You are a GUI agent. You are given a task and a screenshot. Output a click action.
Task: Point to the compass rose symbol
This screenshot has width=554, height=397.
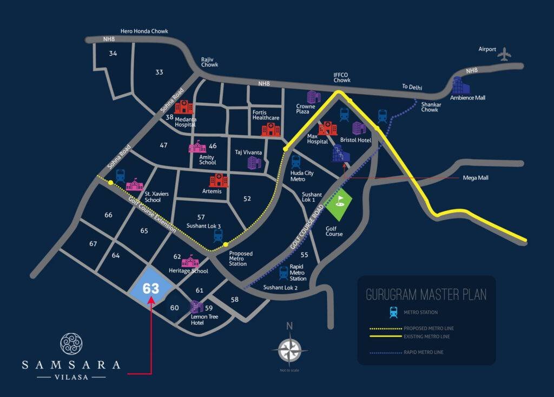click(289, 350)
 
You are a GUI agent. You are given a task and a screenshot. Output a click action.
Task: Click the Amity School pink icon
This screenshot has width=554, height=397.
click(197, 147)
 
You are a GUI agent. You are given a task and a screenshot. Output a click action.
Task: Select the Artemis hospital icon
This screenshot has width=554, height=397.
click(218, 180)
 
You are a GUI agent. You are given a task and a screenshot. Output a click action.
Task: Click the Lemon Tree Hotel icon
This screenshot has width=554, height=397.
click(196, 307)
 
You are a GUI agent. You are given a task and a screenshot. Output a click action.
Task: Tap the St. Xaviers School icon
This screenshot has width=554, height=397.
click(135, 185)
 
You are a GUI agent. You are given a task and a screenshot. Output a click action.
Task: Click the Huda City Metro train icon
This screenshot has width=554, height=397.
click(296, 161)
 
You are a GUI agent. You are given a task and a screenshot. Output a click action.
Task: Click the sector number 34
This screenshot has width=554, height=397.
click(113, 53)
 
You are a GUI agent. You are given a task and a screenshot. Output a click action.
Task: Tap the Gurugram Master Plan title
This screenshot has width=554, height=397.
click(426, 295)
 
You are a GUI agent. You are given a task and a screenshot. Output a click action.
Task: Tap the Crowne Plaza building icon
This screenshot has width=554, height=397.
click(313, 97)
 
